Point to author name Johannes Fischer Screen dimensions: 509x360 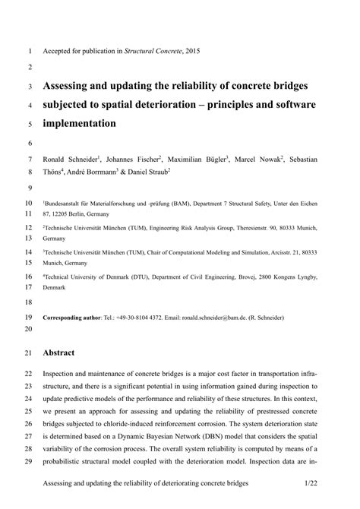[133, 159]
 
